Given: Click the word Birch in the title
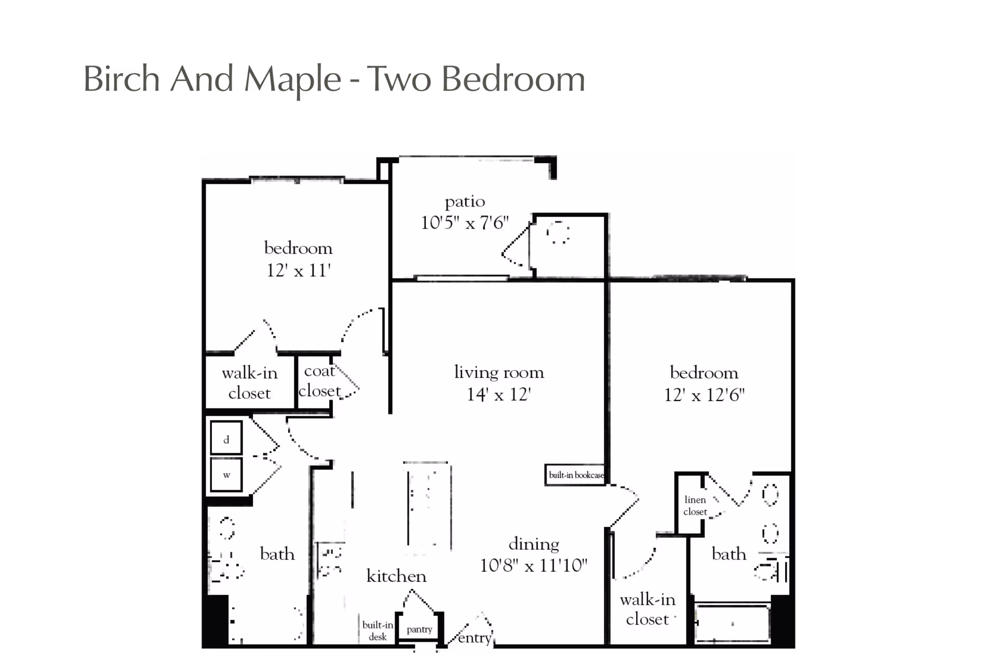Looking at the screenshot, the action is pos(122,79).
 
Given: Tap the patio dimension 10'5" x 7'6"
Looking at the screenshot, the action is pos(465,223).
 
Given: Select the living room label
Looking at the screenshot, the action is pos(499,372).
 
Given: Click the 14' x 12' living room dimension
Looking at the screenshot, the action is pos(498,395).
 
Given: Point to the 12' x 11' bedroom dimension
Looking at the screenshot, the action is pos(299,271).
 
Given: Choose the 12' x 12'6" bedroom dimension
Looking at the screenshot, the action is pos(704,395).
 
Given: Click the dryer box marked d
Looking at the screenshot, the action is pos(226,439).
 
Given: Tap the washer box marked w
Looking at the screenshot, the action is pos(226,474).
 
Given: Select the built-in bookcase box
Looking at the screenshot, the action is pos(575,475).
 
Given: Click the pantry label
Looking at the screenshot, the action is pos(420,630).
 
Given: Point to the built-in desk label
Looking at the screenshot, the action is pos(378,631).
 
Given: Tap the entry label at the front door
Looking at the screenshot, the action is pos(475,638).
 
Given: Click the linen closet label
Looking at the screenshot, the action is pos(695,506).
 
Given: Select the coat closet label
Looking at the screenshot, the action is pos(320,381).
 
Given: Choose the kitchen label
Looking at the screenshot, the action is pos(396,576).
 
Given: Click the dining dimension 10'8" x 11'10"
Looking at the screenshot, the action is pos(533,565).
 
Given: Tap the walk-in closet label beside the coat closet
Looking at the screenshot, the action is pos(250,383).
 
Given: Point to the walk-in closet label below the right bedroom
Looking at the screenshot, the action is pos(648,610).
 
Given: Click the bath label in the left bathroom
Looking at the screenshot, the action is pos(277,554).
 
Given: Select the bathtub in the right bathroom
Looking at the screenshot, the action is pos(732,623).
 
